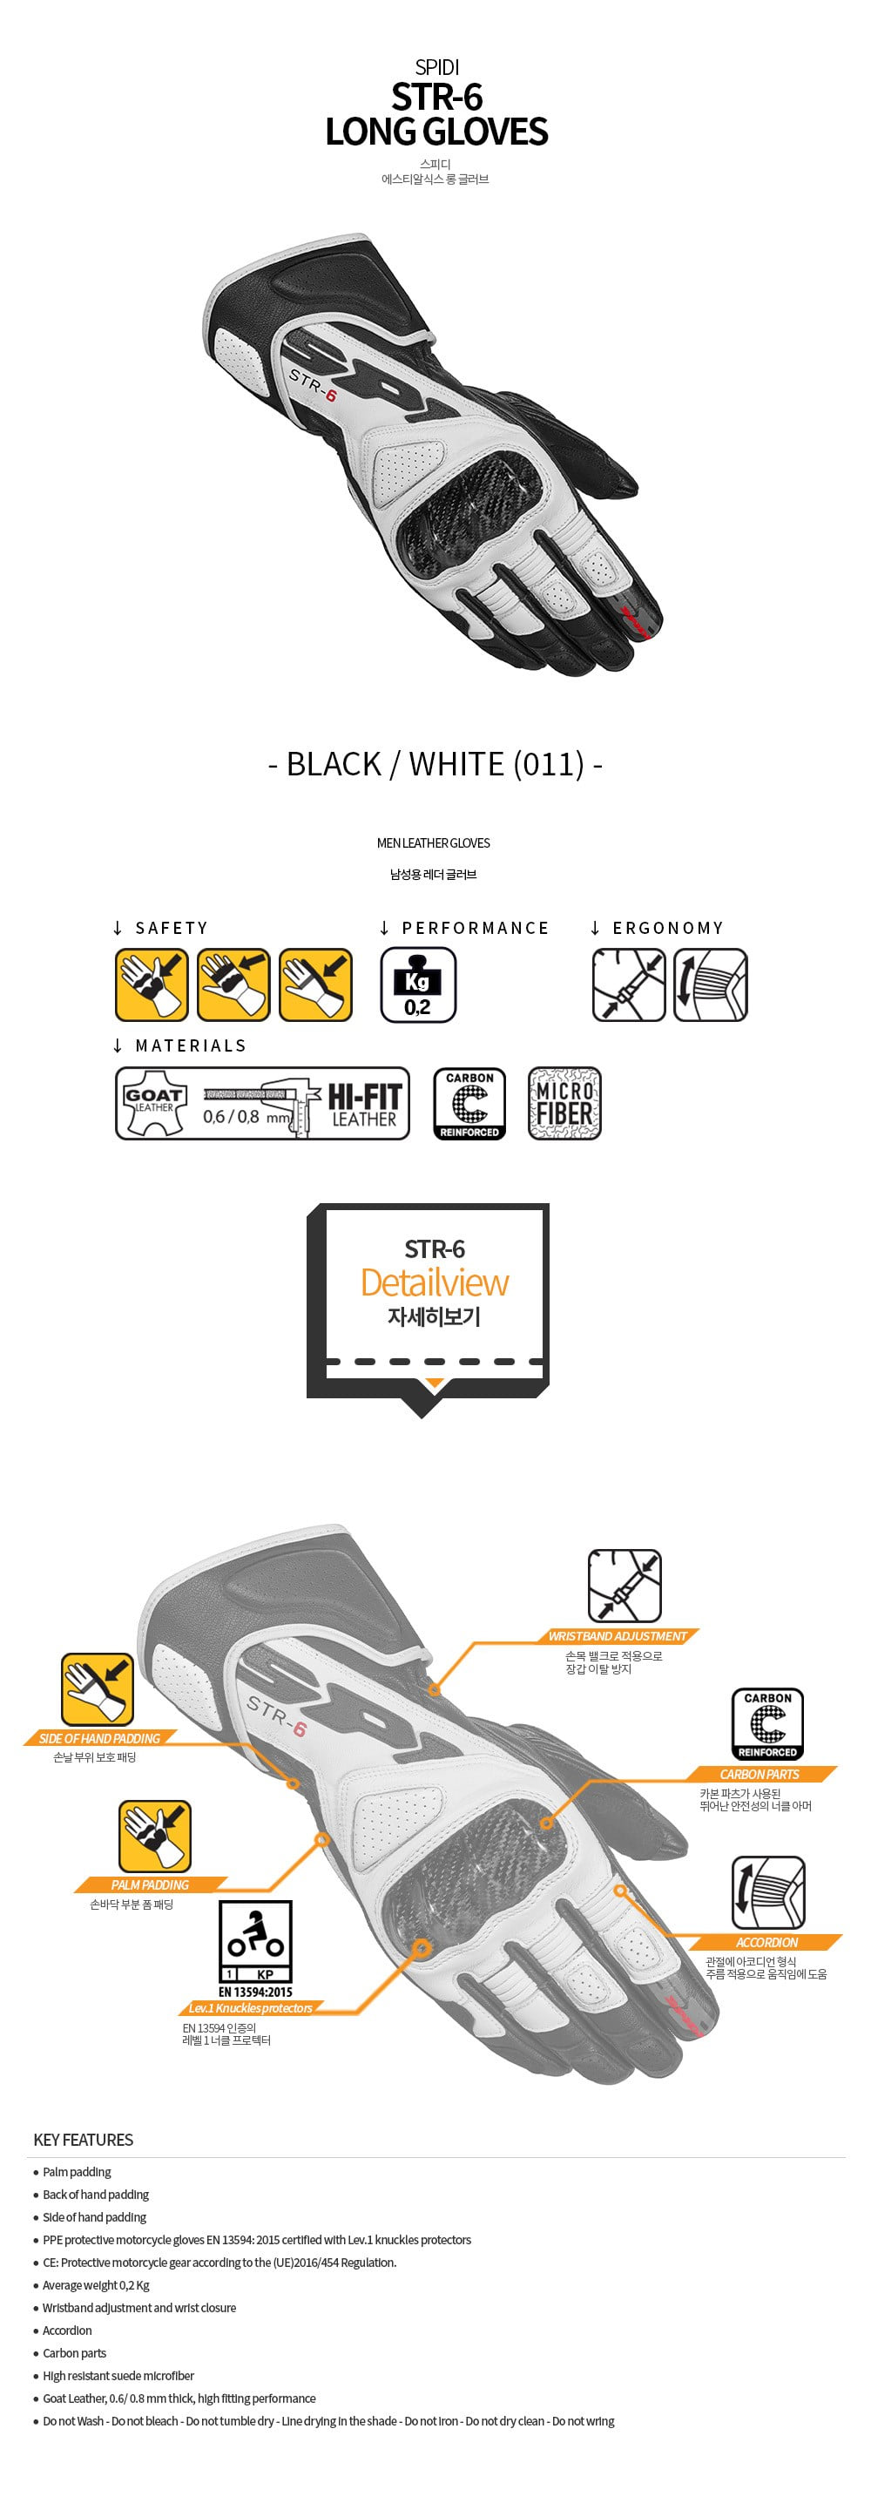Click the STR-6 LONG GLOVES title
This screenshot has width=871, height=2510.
435,114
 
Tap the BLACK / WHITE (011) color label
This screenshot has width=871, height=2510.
435,764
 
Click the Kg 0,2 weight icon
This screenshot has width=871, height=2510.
418,984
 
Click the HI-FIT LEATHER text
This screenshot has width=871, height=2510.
364,1105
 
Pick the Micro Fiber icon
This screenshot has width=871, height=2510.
564,1103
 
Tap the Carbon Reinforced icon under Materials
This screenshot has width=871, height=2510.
469,1103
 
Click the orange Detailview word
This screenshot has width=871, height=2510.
435,1282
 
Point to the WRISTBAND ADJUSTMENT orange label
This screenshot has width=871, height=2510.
618,1636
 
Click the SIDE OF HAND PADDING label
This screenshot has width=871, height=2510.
98,1738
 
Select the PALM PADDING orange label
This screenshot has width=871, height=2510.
150,1884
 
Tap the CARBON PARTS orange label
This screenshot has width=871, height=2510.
759,1775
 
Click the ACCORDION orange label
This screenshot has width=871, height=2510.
766,1942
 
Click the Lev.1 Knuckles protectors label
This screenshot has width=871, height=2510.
250,2008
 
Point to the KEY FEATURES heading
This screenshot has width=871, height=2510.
83,2140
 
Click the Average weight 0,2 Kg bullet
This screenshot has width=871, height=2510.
96,2285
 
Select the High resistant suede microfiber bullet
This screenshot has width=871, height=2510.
118,2376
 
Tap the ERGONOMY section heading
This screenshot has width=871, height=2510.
667,928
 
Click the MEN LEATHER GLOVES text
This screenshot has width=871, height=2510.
434,842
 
